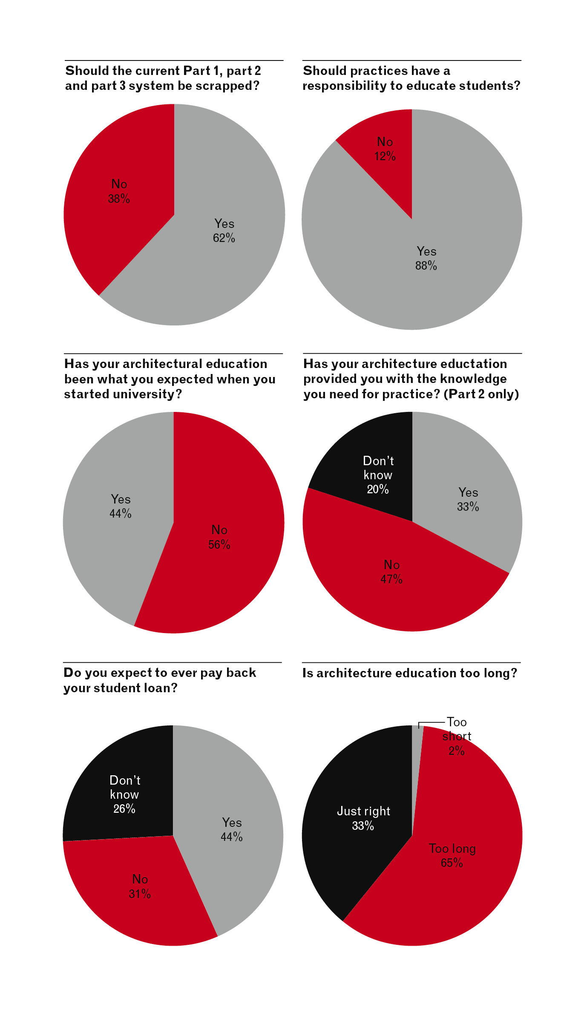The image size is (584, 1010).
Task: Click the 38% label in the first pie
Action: (119, 199)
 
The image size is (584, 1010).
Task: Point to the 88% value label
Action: (426, 266)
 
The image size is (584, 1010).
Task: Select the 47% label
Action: (391, 579)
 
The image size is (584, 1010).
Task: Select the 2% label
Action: (457, 751)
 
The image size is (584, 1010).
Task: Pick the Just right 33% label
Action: (363, 818)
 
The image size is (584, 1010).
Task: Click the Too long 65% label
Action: (452, 855)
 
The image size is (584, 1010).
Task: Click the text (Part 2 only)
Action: (481, 394)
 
